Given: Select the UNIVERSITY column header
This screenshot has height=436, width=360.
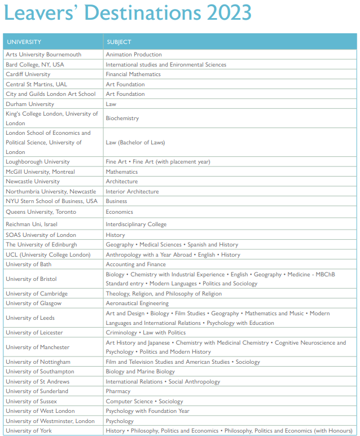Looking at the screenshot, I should (x=24, y=42).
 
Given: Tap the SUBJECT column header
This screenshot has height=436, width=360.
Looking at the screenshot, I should (x=118, y=42).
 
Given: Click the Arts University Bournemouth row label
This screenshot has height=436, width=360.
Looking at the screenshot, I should (x=43, y=55).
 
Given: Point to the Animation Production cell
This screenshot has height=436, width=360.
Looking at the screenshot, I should (x=134, y=55).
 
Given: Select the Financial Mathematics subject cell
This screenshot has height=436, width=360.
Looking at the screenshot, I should (x=133, y=74).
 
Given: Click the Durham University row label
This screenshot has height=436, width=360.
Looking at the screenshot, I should (x=30, y=104).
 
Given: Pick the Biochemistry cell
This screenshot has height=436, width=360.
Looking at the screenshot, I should (x=122, y=118).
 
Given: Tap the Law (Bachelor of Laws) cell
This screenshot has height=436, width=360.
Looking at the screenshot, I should (x=135, y=143).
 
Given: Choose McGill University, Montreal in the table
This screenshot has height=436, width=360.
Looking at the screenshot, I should (x=40, y=172).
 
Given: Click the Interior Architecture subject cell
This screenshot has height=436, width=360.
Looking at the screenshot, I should (x=132, y=192).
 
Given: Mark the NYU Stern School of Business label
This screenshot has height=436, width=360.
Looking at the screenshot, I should (x=51, y=201).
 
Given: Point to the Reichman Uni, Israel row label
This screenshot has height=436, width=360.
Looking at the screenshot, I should (x=32, y=224).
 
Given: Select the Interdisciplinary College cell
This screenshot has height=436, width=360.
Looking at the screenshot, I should (x=136, y=224).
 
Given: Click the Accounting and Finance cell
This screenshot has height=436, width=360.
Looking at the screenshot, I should (x=136, y=265).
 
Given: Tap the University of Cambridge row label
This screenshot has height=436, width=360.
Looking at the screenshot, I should (x=37, y=294).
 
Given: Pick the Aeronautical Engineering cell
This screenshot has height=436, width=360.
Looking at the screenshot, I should (x=137, y=303).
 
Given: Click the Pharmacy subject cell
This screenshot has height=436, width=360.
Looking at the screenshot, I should (x=118, y=391).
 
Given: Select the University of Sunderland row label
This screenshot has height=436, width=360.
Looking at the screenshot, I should (x=37, y=391).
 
